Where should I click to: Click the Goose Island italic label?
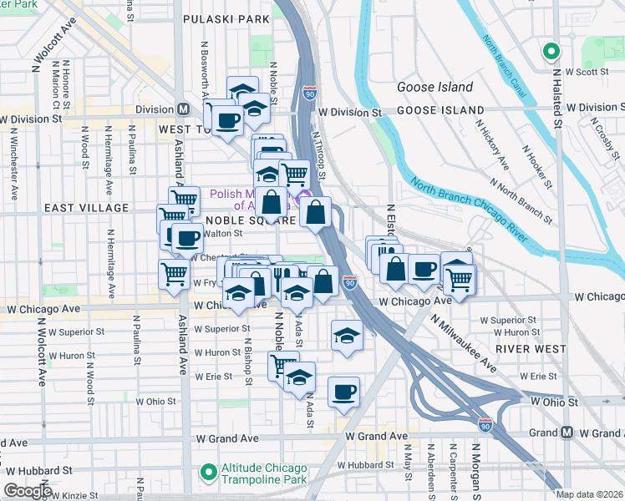pos(434,87)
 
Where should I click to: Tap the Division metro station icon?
pos(183,109)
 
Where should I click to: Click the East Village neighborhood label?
pos(87,208)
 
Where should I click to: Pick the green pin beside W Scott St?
pos(551,52)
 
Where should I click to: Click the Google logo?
pos(28,491)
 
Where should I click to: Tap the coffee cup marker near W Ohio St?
pos(343,391)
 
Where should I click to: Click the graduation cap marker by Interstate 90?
pos(347,335)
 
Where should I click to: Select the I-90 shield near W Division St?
pos(309,94)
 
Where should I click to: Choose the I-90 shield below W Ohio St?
pos(485,426)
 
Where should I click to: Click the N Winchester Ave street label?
pos(14,167)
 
